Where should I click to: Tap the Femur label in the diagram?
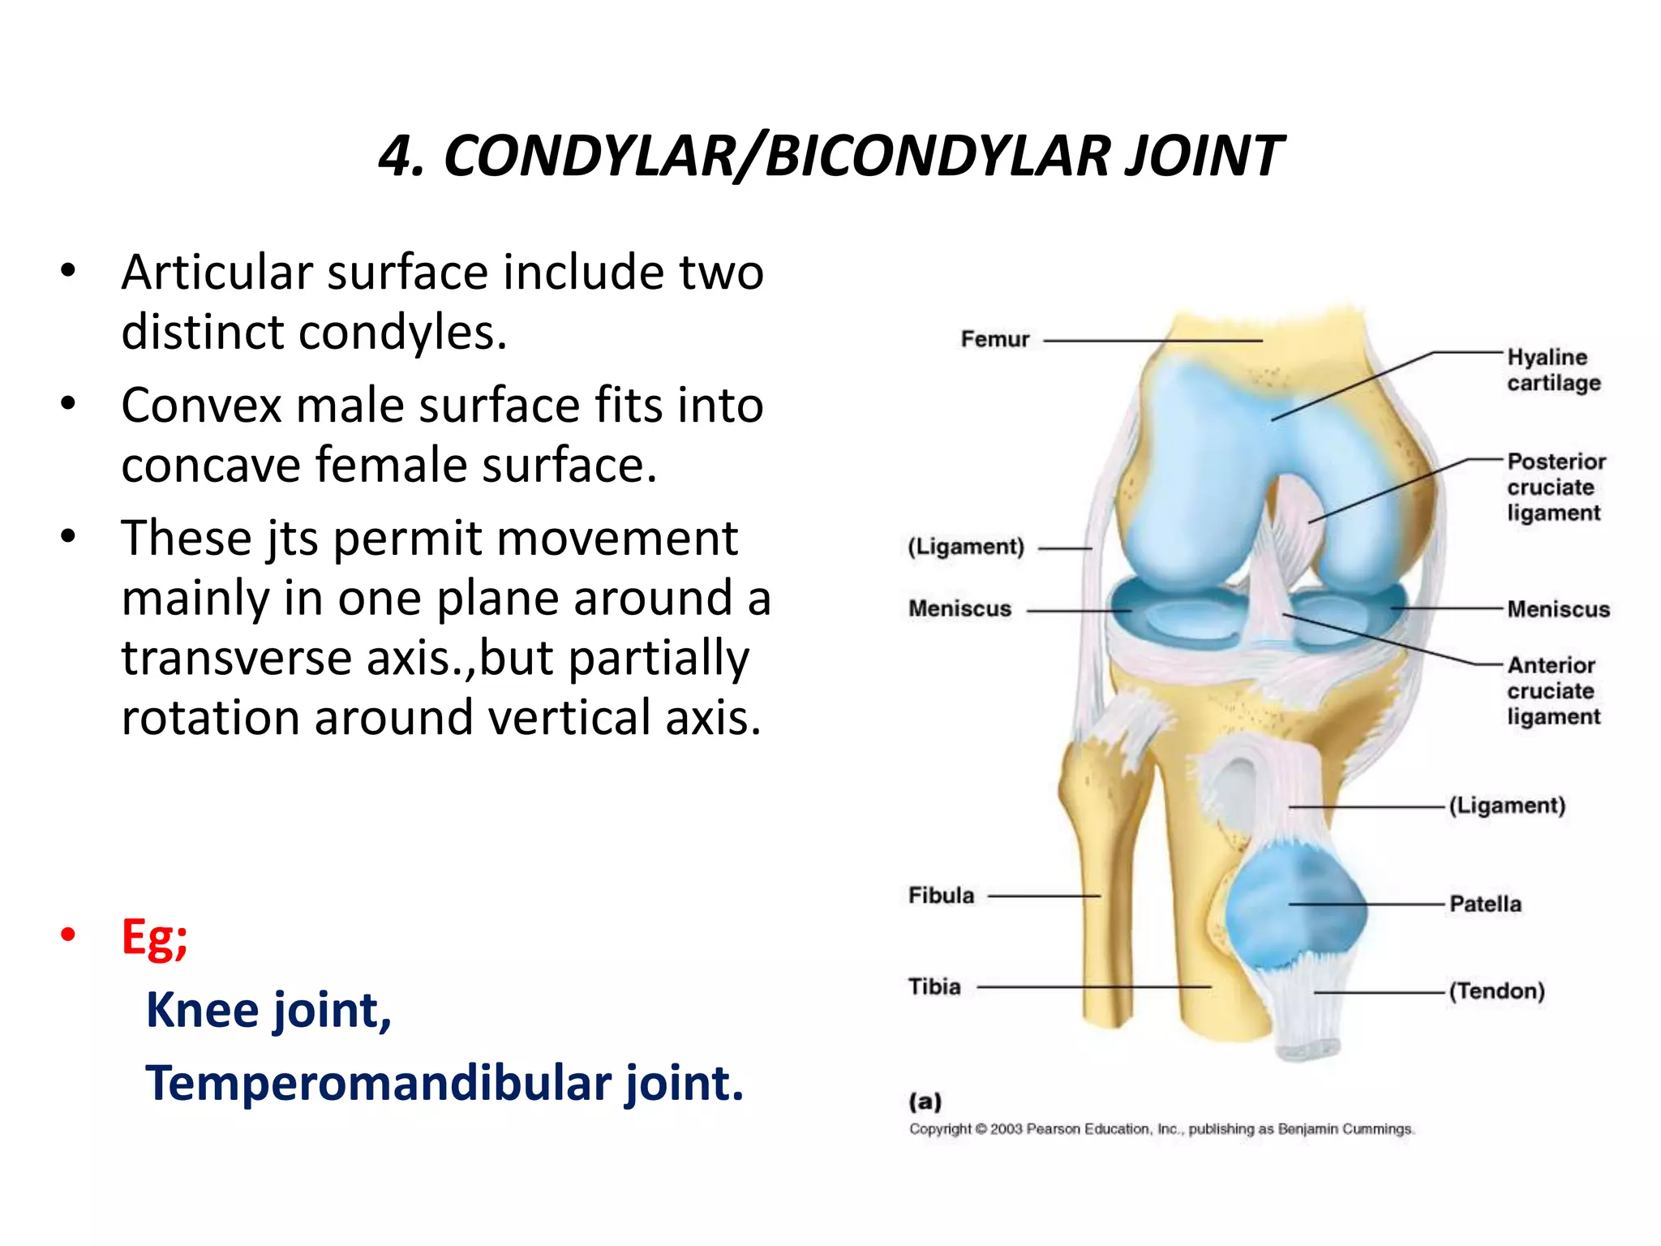coord(994,339)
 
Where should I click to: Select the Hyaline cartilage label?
coord(1553,370)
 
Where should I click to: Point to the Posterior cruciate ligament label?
coord(1556,487)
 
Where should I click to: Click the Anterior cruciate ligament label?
coord(1553,690)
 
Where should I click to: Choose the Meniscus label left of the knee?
coord(959,608)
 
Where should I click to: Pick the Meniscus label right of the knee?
coord(1558,609)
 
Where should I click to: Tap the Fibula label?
coord(941,896)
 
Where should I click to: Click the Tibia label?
coord(934,986)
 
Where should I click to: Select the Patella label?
coord(1485,904)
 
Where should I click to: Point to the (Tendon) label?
coord(1496,990)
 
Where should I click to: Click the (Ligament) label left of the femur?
coord(966,547)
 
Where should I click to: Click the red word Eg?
coord(154,937)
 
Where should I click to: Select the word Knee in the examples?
coord(202,1010)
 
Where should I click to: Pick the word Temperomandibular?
coord(379,1083)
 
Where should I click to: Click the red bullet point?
coord(68,934)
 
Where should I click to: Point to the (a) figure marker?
coord(925,1101)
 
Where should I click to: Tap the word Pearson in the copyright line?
coord(1054,1129)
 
